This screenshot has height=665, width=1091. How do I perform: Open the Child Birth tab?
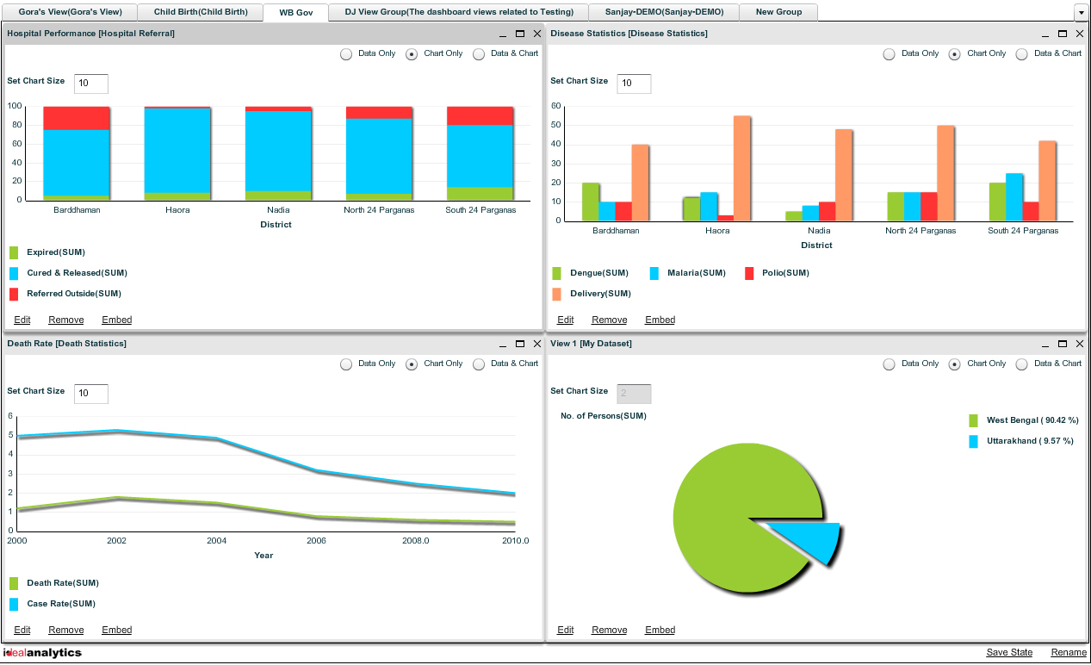201,12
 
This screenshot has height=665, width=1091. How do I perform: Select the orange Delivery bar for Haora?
741,168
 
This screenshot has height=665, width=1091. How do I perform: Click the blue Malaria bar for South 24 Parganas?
1014,196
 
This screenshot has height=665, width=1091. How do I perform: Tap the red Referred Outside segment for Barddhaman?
77,118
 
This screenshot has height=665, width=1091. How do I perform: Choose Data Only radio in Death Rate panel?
346,364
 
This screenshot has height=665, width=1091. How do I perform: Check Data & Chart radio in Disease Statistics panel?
1022,53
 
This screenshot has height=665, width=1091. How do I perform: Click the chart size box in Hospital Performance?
90,84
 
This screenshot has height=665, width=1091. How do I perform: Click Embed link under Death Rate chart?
117,630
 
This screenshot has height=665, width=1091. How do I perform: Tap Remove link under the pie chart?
609,630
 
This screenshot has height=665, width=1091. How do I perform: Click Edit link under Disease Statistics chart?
565,320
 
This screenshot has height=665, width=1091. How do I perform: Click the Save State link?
1009,652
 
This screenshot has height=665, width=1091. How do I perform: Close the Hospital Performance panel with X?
537,34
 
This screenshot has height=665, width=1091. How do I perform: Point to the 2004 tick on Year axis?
216,541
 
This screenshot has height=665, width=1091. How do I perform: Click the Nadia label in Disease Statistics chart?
819,231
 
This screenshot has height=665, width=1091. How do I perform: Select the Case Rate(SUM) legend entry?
60,604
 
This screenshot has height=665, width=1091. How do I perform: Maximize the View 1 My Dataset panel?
1063,344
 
